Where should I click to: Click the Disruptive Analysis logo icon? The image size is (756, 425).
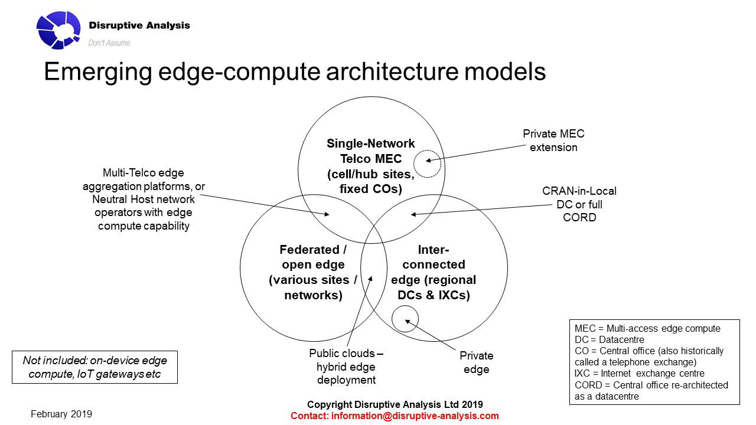[58, 30]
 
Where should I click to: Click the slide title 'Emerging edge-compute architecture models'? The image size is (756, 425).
[294, 71]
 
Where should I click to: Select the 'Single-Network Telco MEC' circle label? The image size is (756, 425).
[371, 166]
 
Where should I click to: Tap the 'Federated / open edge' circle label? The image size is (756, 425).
[314, 272]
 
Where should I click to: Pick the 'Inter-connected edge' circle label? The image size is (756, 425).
[434, 272]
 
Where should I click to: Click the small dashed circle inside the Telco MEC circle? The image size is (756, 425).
[427, 164]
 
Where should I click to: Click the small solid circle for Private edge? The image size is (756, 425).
[405, 319]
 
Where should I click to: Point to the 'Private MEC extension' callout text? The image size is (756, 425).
[553, 140]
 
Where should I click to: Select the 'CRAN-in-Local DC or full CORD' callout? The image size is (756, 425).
[579, 204]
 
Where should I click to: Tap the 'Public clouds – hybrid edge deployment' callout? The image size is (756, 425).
[346, 367]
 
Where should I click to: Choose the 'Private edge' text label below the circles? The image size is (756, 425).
[476, 362]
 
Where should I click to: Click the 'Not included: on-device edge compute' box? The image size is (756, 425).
[94, 367]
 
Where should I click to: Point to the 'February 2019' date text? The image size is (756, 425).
[61, 414]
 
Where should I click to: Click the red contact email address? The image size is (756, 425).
[395, 416]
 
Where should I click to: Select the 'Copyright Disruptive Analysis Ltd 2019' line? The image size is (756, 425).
[395, 404]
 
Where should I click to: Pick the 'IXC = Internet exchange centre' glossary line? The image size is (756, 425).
[639, 373]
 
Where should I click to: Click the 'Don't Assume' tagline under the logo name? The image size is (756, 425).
[109, 42]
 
